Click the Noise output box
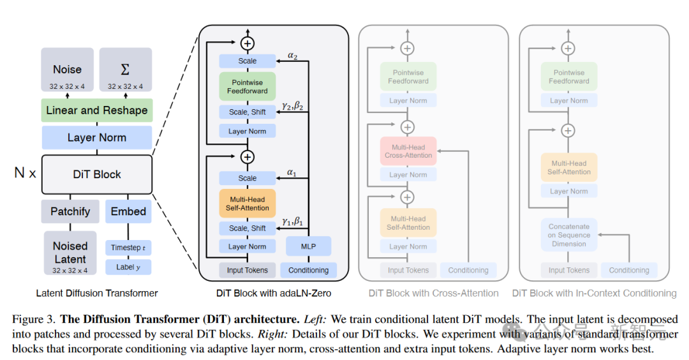pos(68,70)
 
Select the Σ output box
pos(125,70)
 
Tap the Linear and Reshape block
pos(97,110)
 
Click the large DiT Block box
pos(97,174)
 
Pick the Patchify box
pos(70,211)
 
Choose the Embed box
pos(128,211)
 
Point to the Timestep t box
pos(128,248)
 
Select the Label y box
pos(128,267)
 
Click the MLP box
pos(308,246)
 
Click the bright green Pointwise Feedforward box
pos(248,86)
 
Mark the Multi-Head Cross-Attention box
pos(408,151)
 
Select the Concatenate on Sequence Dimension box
pos(569,235)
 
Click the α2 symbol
pos(292,56)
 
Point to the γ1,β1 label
pos(293,222)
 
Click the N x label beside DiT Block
pos(25,173)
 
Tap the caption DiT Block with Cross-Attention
pos(434,294)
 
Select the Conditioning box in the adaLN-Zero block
pos(308,270)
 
